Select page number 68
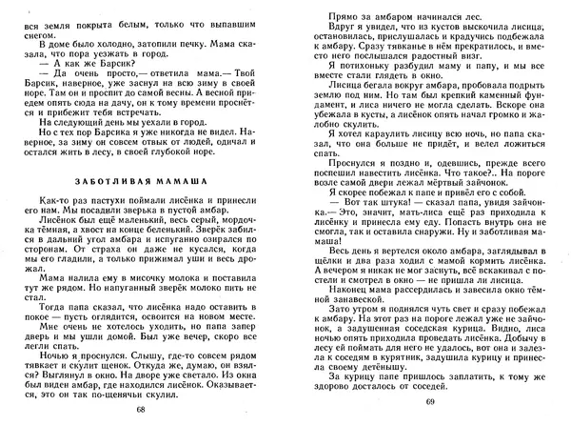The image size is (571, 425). pyautogui.click(x=141, y=410)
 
